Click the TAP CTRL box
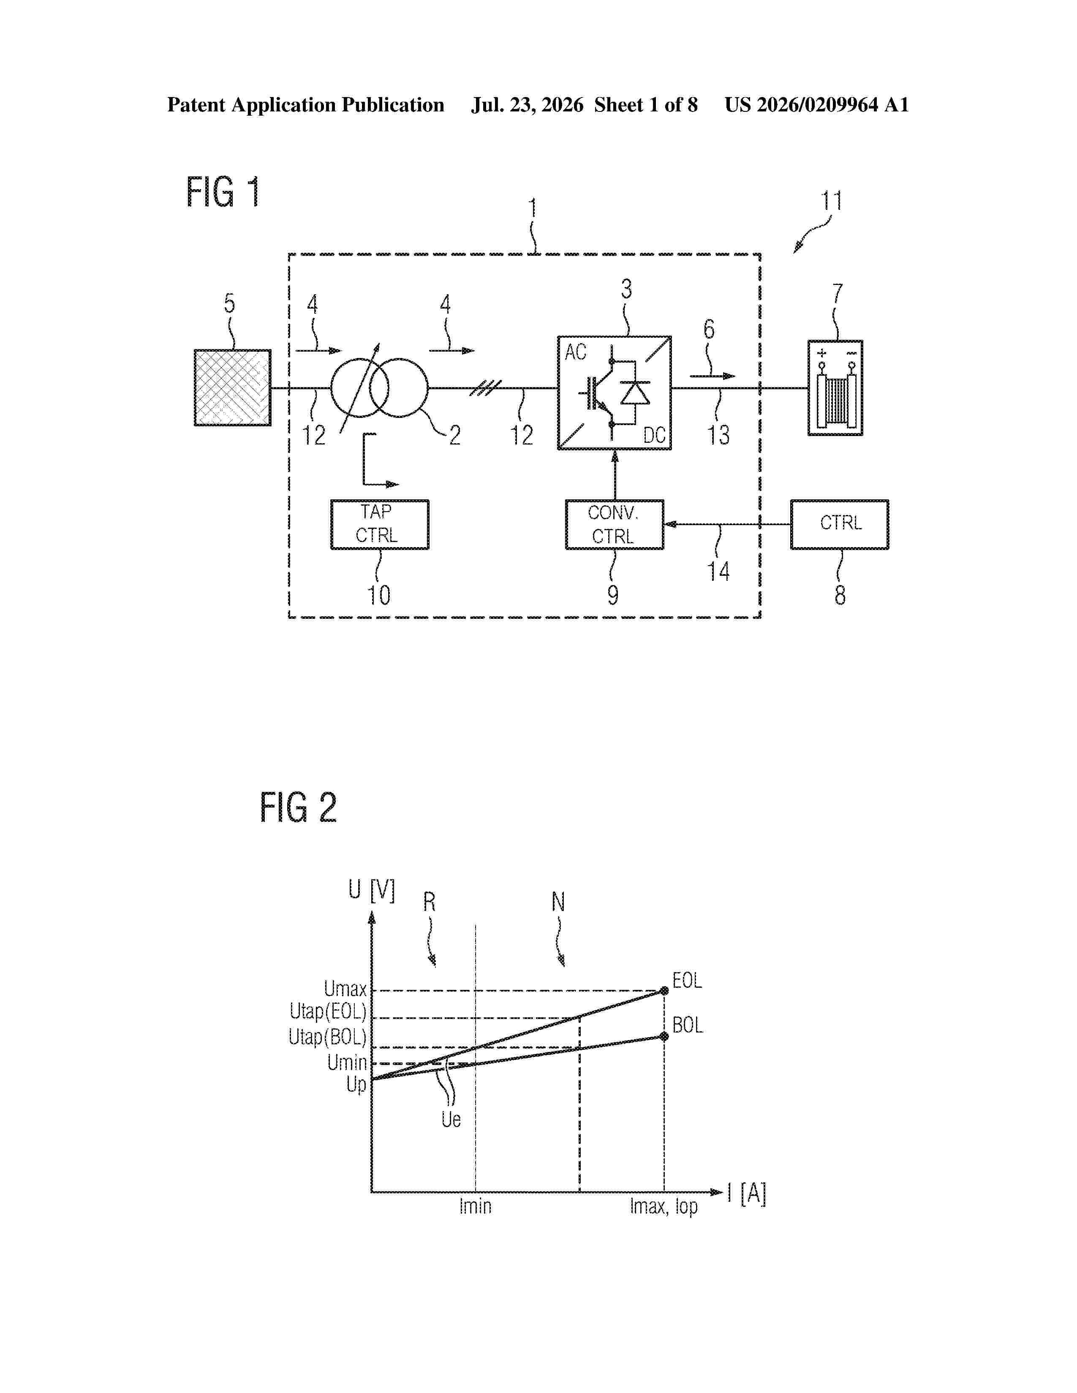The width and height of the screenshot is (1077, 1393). pos(380,524)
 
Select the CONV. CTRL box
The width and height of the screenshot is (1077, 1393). pos(615,524)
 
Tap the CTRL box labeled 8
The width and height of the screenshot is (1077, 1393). pos(840,524)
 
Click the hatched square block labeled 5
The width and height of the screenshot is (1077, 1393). pos(232,387)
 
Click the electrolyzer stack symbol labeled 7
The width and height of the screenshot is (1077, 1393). pos(835,388)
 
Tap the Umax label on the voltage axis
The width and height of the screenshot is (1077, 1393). pos(345,989)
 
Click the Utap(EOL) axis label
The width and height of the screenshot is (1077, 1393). pos(328,1011)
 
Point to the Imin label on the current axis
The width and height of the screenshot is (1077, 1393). pos(475,1206)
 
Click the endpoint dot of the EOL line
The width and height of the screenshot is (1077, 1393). pos(664,991)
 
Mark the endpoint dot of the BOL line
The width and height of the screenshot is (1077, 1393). pos(664,1036)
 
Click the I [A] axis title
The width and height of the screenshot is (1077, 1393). pos(746,1193)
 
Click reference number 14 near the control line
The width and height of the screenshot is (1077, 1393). pos(718,571)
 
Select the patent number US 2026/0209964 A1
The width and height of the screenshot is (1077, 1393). pos(817,105)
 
